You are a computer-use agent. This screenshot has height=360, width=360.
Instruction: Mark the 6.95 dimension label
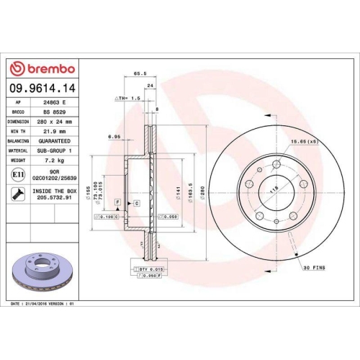[114, 135]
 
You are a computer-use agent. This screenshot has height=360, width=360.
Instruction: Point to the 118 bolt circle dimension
[272, 190]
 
